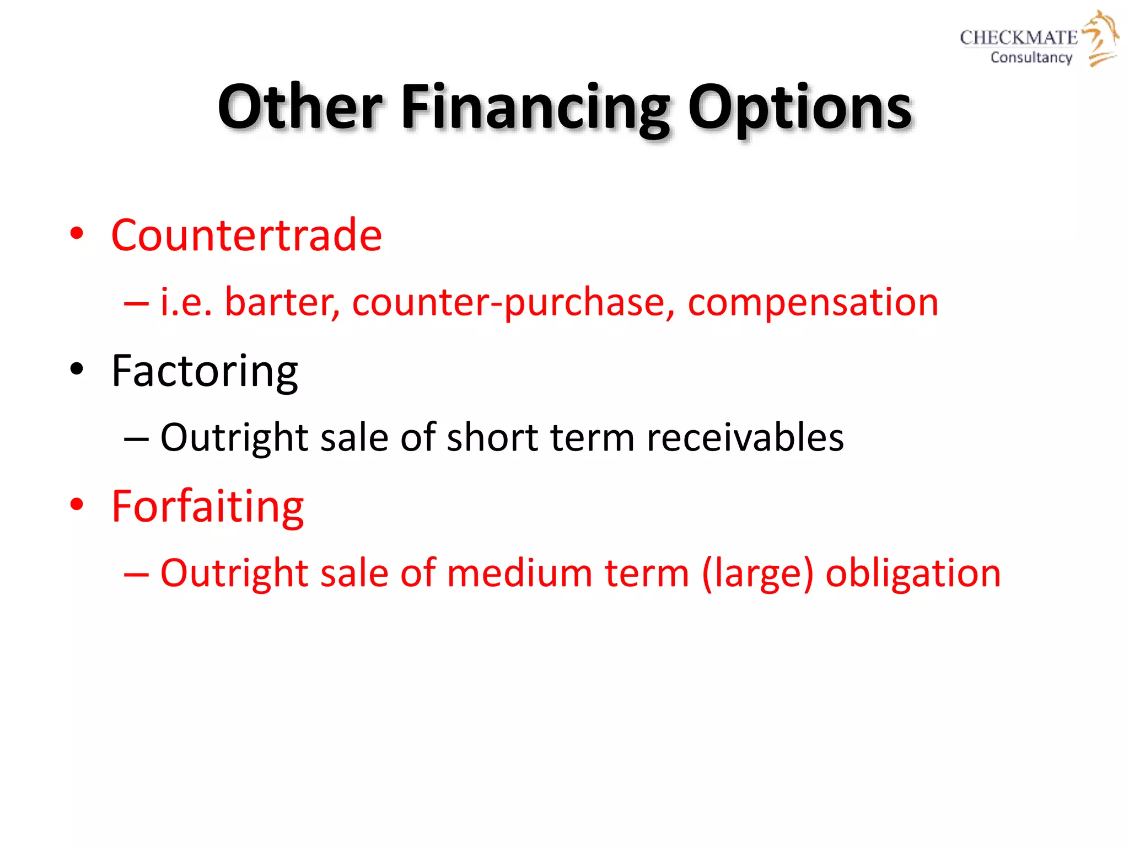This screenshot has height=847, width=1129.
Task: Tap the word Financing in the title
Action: pos(535,108)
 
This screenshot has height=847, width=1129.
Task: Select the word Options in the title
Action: pos(799,108)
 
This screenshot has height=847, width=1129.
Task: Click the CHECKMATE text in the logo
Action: pos(1018,37)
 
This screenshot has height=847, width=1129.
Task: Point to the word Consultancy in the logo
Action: pos(1031,57)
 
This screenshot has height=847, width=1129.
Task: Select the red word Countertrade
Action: pos(246,235)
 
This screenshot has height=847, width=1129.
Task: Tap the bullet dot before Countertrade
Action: pos(77,233)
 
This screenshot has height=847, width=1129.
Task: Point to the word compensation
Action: pos(813,302)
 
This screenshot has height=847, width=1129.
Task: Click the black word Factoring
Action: pos(205,372)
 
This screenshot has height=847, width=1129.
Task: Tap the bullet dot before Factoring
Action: pos(77,369)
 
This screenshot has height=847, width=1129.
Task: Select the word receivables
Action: pos(745,437)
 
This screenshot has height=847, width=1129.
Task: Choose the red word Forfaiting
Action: pos(207,506)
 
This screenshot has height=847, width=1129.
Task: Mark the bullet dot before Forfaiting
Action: pos(77,504)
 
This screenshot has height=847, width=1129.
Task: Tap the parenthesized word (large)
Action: pos(757,574)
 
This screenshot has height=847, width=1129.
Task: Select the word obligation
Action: pos(912,573)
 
